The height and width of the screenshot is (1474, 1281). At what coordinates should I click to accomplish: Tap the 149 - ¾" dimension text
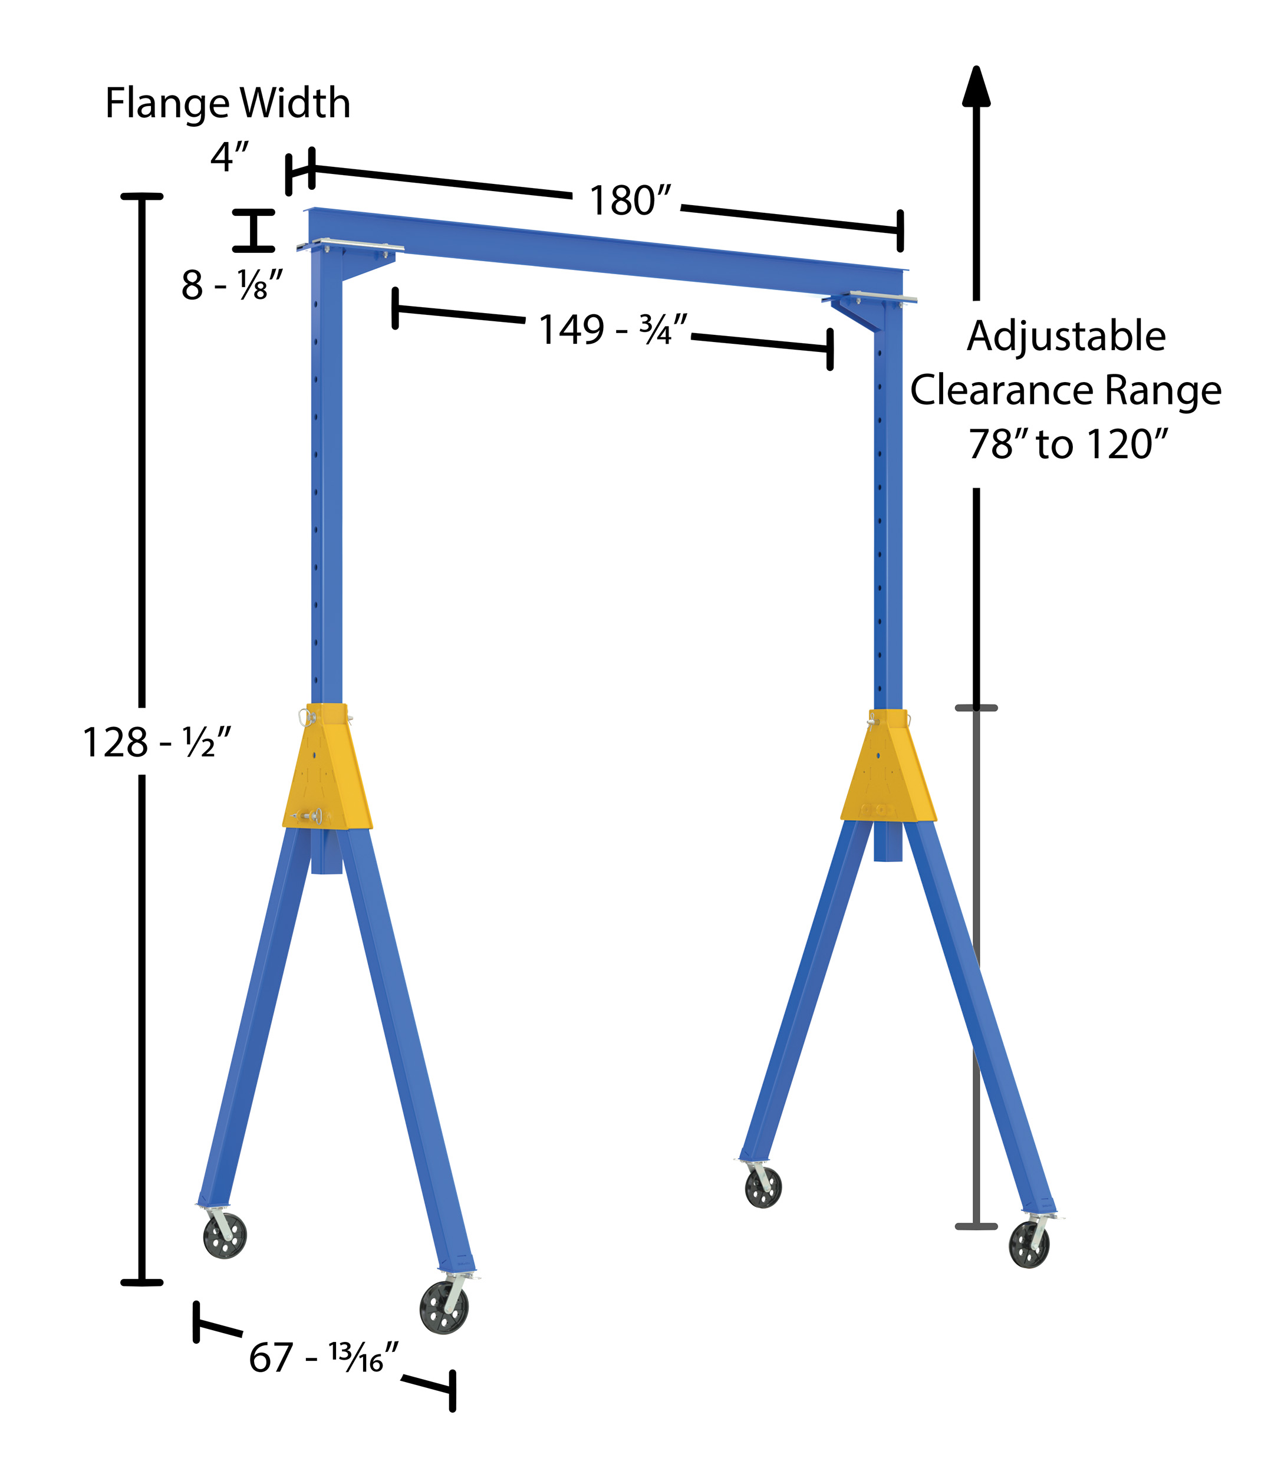point(612,330)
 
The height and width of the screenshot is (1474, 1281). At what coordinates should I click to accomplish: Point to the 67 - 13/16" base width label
point(323,1357)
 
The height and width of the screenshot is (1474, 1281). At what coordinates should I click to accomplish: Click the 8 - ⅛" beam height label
point(232,285)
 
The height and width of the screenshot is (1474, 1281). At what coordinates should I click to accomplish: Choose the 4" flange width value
point(229,157)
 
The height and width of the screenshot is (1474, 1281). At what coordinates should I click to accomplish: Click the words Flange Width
point(228,104)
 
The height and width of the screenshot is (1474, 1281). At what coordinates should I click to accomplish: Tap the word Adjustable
point(1066,337)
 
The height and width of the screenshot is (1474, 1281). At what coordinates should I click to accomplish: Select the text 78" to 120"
point(1068,444)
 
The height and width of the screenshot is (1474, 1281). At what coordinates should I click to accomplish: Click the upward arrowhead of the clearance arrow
point(976,85)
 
